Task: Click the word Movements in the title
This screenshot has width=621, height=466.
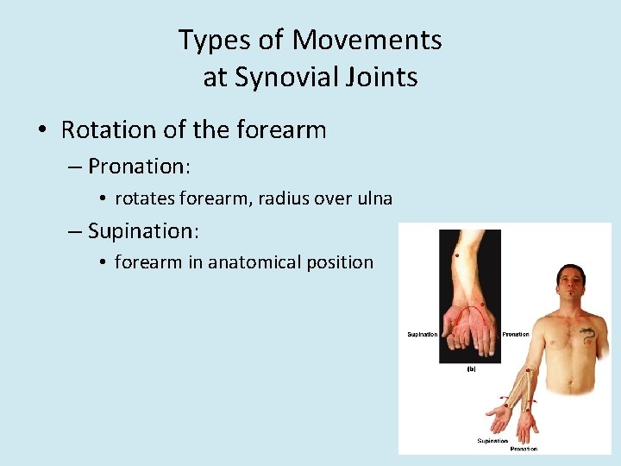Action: pyautogui.click(x=367, y=40)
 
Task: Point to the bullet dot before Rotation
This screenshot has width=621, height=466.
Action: pyautogui.click(x=41, y=131)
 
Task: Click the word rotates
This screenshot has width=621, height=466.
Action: pyautogui.click(x=144, y=198)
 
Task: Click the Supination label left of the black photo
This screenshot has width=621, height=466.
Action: pyautogui.click(x=422, y=334)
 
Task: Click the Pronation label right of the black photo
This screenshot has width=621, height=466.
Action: pyautogui.click(x=516, y=334)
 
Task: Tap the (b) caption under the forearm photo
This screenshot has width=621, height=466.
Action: pyautogui.click(x=471, y=368)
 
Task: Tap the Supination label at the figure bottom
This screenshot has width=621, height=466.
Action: pyautogui.click(x=492, y=441)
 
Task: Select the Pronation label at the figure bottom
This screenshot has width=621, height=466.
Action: pyautogui.click(x=523, y=449)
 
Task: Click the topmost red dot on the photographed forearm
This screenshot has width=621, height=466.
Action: pyautogui.click(x=457, y=256)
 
